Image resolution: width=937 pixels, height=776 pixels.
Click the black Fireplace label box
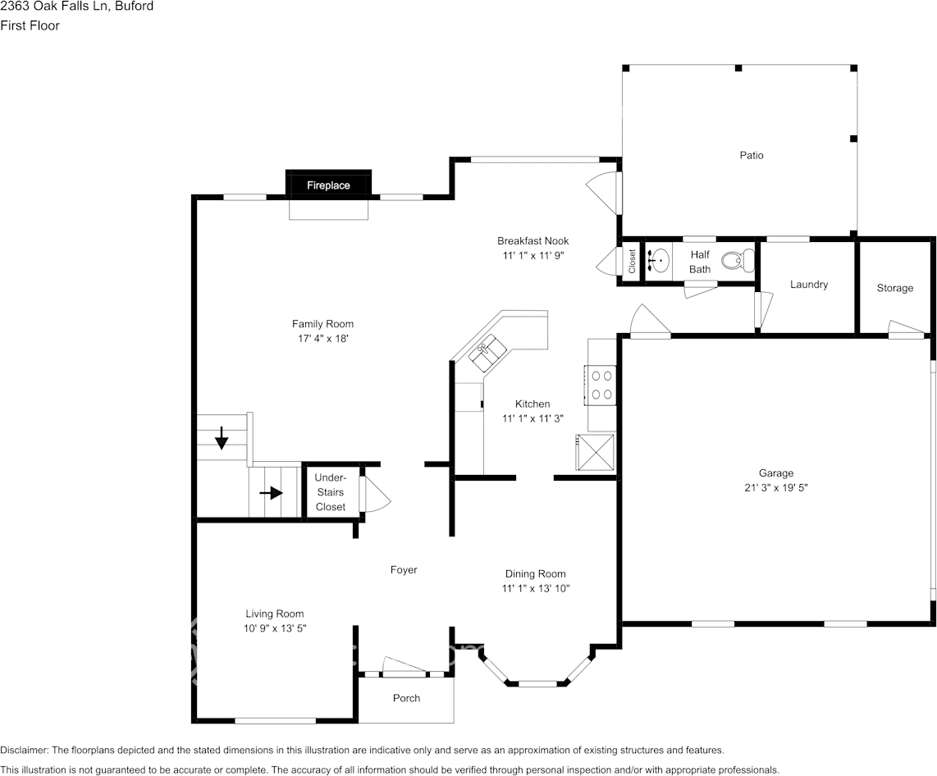[328, 185]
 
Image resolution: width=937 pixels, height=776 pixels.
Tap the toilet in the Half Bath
[738, 261]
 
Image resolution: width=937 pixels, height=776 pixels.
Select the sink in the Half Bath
[658, 261]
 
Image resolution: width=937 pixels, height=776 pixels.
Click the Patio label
[751, 155]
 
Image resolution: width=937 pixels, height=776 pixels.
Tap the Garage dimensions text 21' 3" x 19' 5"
[775, 487]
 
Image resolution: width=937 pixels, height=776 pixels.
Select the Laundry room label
[808, 285]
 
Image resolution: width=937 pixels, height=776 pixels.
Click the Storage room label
[894, 288]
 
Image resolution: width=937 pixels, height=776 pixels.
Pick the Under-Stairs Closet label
[331, 492]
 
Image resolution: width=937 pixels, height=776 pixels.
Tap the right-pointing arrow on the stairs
[272, 493]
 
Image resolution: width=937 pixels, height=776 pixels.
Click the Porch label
[406, 698]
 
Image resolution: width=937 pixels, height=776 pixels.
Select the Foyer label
[404, 569]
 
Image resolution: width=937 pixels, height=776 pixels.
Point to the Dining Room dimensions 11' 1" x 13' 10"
[535, 588]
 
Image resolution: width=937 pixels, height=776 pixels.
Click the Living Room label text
[275, 614]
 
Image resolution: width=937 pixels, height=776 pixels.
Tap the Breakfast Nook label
[532, 240]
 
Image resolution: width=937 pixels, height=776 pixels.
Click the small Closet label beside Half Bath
[632, 262]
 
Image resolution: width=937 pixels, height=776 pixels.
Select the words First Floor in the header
[30, 25]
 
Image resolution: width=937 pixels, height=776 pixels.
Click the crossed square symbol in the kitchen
[596, 452]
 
